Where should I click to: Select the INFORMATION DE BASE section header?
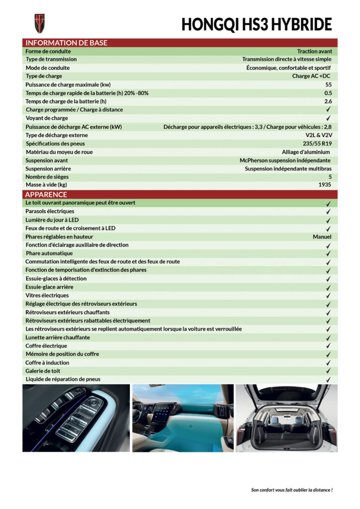(66, 43)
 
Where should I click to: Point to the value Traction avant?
(314, 51)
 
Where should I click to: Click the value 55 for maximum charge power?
(328, 85)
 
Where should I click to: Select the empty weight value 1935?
(325, 185)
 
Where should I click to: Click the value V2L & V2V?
(318, 135)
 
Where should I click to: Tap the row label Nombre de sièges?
(47, 176)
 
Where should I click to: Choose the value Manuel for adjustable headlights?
(322, 237)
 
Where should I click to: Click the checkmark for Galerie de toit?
(328, 371)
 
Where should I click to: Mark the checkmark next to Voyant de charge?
(328, 118)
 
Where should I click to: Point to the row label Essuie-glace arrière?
(49, 287)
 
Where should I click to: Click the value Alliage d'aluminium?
(306, 152)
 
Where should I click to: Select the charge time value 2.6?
(328, 101)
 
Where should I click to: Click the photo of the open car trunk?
(286, 418)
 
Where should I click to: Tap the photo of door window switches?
(76, 418)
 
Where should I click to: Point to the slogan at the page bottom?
(291, 490)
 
